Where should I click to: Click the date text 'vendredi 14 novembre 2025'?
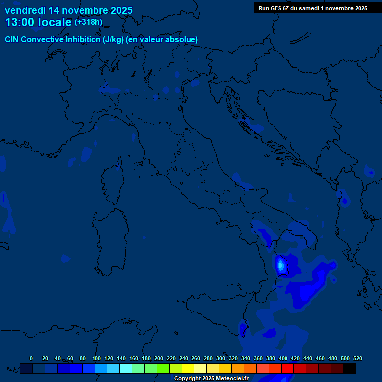click(x=69, y=10)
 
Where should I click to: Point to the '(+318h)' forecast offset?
click(x=89, y=22)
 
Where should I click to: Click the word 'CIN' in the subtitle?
click(x=12, y=40)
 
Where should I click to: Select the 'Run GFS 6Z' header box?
click(x=313, y=8)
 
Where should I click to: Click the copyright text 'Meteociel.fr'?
click(x=231, y=379)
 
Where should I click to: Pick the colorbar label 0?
click(x=31, y=358)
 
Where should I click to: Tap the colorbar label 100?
click(x=96, y=358)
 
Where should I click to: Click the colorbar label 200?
click(x=159, y=358)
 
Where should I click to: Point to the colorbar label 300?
click(x=221, y=358)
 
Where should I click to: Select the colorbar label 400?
click(x=283, y=358)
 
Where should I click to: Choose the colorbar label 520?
click(x=357, y=358)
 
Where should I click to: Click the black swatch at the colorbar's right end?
click(x=350, y=368)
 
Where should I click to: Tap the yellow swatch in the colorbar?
click(x=188, y=368)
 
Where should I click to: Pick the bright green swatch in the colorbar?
click(x=163, y=368)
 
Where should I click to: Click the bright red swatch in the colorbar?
click(x=287, y=368)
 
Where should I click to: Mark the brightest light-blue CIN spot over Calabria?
click(x=280, y=265)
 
